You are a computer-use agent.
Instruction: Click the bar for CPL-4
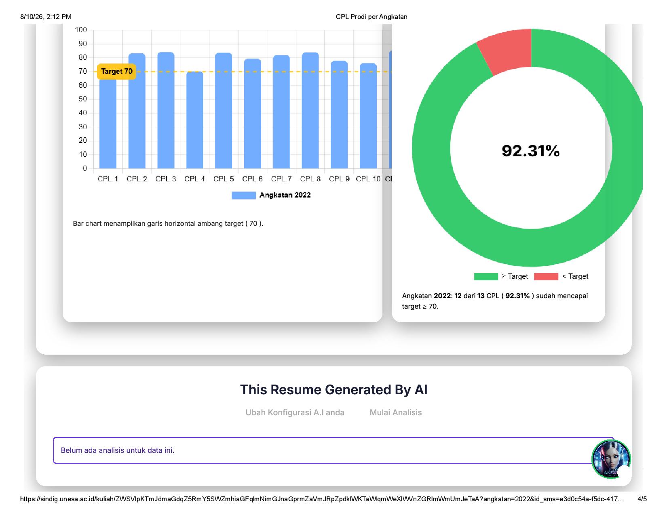[x=194, y=120]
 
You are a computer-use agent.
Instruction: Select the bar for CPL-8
[x=310, y=110]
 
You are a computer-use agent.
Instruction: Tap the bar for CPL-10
[x=368, y=116]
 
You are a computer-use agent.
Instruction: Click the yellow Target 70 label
[x=116, y=71]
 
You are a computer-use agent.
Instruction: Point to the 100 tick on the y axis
[x=81, y=30]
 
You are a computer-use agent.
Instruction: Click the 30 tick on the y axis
[x=82, y=127]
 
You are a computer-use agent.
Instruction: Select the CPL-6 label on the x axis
[x=252, y=179]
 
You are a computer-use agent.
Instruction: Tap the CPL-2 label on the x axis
[x=137, y=179]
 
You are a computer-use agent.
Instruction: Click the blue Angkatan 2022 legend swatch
[x=244, y=195]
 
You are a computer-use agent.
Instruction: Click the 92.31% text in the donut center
[x=531, y=151]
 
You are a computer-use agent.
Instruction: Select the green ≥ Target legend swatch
[x=486, y=277]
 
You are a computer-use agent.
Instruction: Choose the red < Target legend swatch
[x=546, y=277]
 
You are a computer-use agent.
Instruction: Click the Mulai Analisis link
[x=396, y=412]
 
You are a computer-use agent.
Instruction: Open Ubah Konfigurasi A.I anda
[x=295, y=412]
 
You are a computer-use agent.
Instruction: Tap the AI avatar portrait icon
[x=611, y=459]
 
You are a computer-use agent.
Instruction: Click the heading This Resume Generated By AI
[x=333, y=390]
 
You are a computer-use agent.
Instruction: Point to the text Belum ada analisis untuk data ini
[x=118, y=450]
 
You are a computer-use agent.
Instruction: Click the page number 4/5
[x=642, y=499]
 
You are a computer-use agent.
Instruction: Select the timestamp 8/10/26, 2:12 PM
[x=46, y=17]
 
